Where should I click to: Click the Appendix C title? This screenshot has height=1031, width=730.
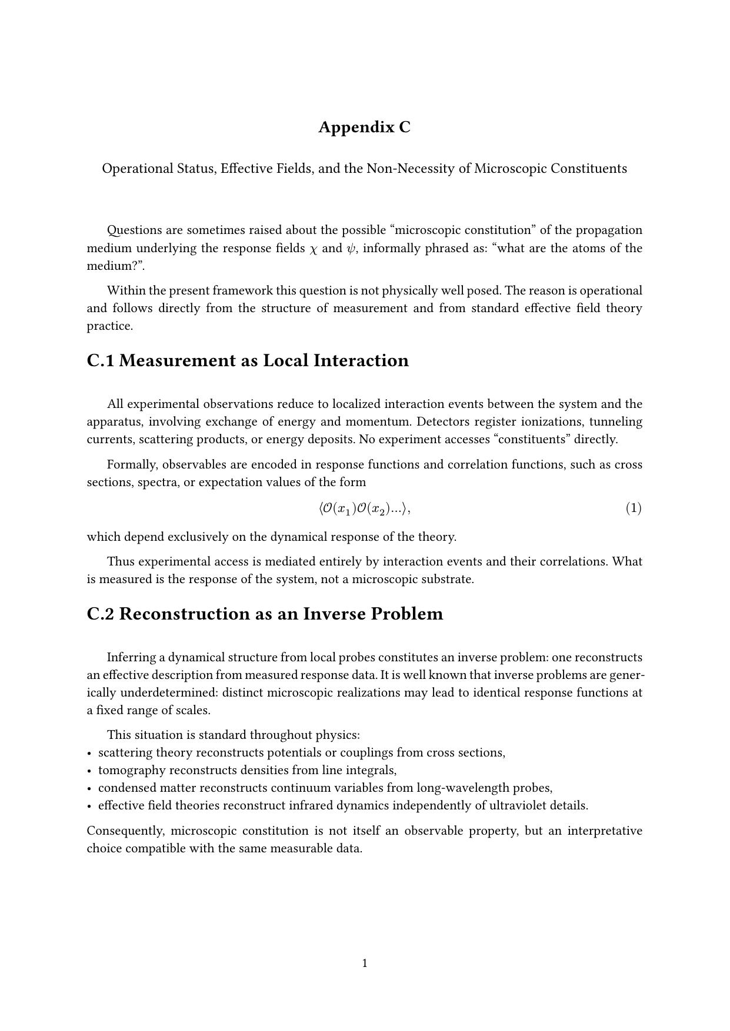pos(364,127)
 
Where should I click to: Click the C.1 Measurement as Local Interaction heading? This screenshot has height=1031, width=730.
pos(248,360)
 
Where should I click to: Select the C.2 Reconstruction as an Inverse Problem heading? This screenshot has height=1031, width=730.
pos(265,614)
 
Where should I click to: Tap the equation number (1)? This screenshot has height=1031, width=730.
pos(633,508)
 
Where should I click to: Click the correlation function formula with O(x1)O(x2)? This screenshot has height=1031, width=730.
pos(364,508)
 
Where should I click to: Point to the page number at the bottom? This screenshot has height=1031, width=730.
pos(365,963)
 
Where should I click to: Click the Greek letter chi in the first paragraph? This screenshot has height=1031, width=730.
pos(313,249)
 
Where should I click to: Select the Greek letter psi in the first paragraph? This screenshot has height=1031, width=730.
pos(351,248)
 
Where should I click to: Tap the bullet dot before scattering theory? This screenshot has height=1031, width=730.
pos(89,753)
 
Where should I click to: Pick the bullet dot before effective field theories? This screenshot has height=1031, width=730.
pos(89,806)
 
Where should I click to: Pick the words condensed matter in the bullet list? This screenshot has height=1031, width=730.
pos(146,788)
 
